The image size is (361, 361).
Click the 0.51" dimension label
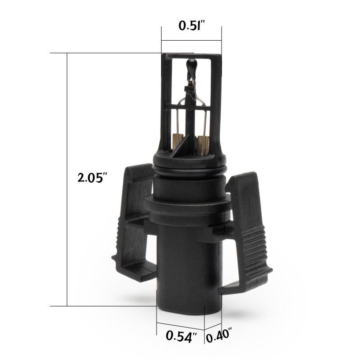(x=192, y=25)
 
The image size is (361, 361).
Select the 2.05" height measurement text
(x=92, y=177)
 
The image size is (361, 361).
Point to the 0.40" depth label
(x=219, y=336)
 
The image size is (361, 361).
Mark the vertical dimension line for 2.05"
(x=67, y=180)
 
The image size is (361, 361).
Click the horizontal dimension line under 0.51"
(x=191, y=40)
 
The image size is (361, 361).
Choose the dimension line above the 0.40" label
(x=213, y=326)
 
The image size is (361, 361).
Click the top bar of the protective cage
(x=192, y=56)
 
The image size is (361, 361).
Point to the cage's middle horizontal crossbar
(x=191, y=107)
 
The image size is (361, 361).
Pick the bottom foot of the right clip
(x=246, y=280)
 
